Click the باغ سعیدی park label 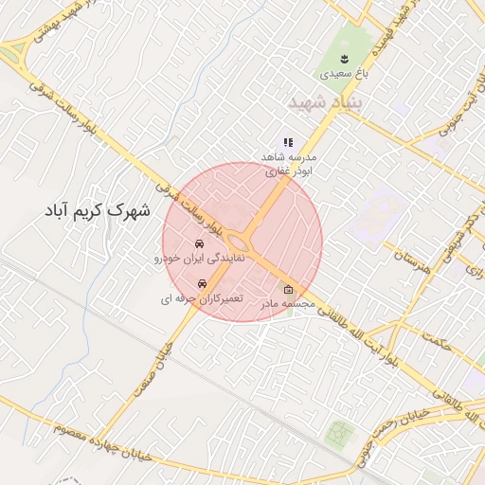pos(336,73)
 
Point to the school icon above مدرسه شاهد pos(288,142)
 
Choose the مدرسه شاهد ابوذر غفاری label pos(293,164)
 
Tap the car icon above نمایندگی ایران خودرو pos(198,244)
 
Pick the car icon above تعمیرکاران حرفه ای pos(201,284)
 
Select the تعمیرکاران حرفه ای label pos(201,298)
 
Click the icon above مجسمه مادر pos(288,290)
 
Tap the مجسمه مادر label pos(288,304)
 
